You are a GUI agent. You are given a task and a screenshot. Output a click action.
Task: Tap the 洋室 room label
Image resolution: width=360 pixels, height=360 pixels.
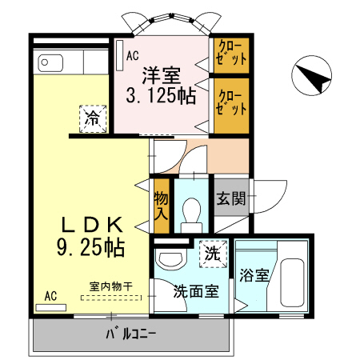161,76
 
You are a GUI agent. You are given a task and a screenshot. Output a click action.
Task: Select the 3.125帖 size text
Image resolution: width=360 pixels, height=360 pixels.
161,97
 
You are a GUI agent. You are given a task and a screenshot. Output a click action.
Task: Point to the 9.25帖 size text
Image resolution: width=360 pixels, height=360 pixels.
90,246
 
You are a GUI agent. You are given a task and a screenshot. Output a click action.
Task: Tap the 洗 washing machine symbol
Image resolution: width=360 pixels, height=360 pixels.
212,255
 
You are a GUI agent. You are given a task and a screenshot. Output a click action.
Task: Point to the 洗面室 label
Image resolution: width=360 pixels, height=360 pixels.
196,292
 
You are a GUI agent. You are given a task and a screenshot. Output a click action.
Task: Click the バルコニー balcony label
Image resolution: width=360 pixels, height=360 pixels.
131,334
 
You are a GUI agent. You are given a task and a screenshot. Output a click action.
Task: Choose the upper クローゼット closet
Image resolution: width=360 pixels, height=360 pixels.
230,54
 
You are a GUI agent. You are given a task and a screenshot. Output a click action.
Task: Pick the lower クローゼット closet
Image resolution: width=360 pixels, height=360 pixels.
230,102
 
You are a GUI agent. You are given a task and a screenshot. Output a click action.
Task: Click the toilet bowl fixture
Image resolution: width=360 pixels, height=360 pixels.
192,212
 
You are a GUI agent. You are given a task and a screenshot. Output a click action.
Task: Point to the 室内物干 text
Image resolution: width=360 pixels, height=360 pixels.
110,286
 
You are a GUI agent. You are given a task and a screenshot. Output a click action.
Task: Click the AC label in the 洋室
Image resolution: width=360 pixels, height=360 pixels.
132,56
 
